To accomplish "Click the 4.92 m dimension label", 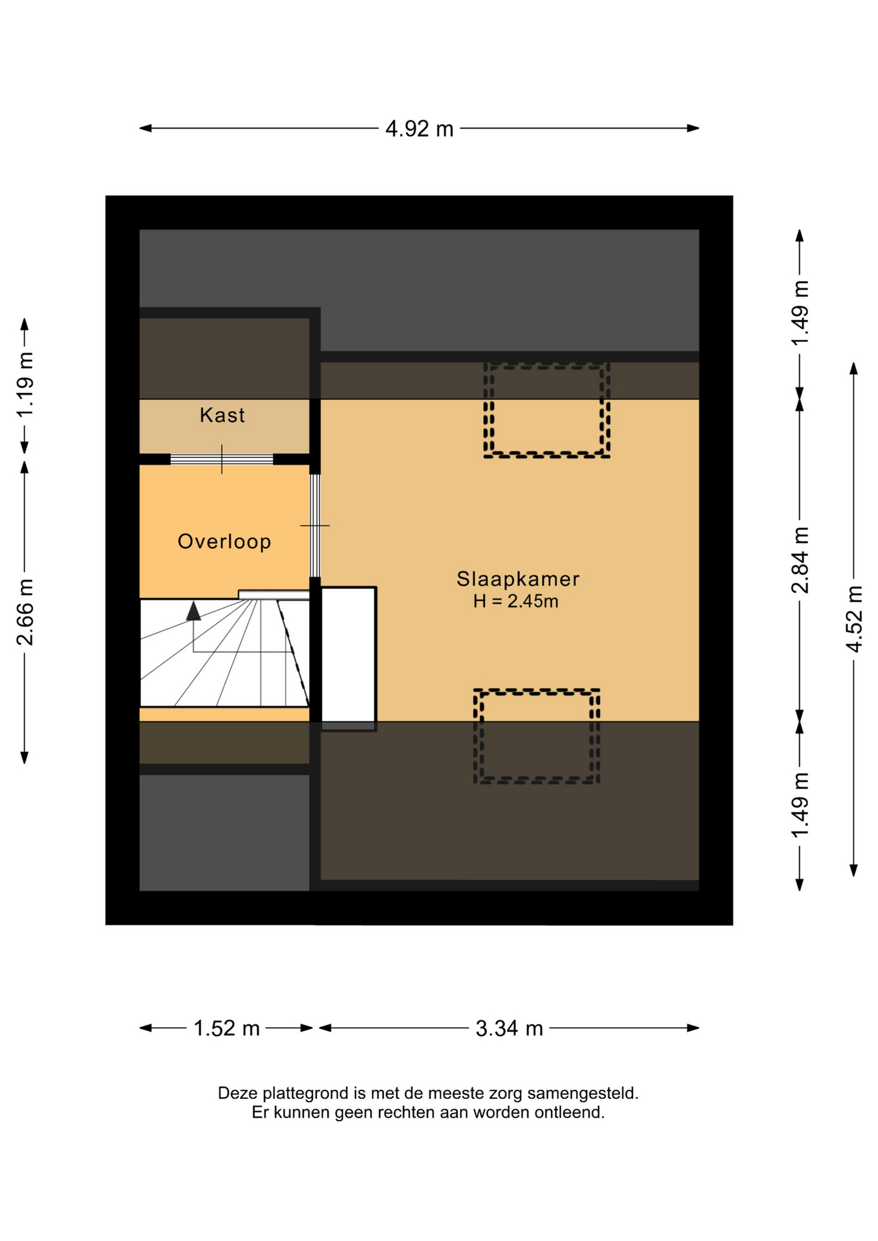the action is [x=419, y=129].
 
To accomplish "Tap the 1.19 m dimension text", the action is [x=25, y=385].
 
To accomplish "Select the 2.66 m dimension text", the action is [x=25, y=612].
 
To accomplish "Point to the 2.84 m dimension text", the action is [x=800, y=560].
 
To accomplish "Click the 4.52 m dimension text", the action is [x=854, y=619].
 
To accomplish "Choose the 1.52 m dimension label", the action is [x=226, y=1028].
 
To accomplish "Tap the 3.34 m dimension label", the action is [x=509, y=1028].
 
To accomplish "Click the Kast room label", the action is [x=222, y=415].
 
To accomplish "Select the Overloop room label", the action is [x=224, y=542].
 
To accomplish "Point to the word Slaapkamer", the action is [x=518, y=578].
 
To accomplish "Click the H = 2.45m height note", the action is [x=515, y=601].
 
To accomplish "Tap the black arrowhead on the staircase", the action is [x=193, y=611].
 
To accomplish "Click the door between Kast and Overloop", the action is [x=222, y=460].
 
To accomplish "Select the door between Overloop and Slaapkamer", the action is [x=315, y=525].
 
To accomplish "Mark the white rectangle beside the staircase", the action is [x=348, y=654].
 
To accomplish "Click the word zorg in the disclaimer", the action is [x=505, y=1094].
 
